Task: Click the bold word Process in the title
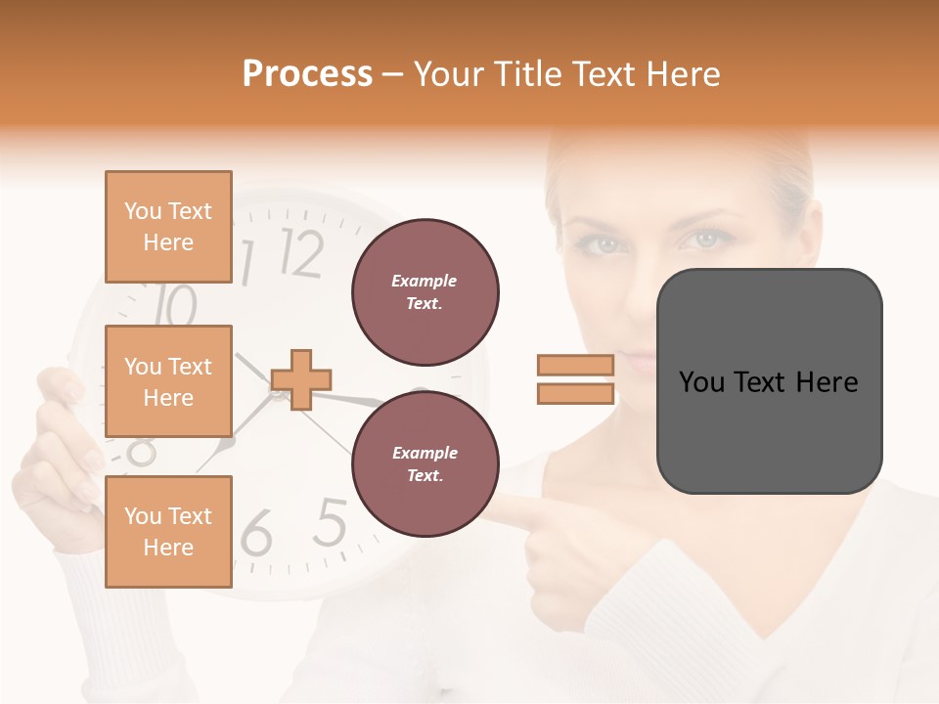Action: click(307, 74)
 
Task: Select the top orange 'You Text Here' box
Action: click(168, 227)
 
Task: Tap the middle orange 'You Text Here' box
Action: click(168, 381)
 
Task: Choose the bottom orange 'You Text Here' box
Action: click(168, 531)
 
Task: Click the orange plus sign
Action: click(301, 378)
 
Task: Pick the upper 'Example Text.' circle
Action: click(425, 292)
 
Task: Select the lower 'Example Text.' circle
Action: click(425, 464)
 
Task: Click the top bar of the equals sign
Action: click(576, 365)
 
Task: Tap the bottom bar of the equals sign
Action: click(576, 393)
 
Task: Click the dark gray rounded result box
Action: click(769, 381)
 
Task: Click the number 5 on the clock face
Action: click(331, 523)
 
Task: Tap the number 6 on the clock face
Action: click(256, 533)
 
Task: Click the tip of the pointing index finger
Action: click(504, 506)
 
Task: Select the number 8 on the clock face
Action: click(142, 451)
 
